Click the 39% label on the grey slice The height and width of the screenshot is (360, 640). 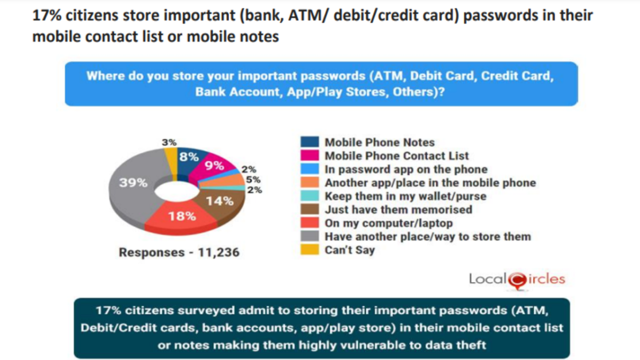133,182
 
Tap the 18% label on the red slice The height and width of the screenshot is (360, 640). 182,216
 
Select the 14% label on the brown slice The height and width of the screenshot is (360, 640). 220,201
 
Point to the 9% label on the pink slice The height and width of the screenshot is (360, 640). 214,165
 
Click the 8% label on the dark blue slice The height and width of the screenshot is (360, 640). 189,156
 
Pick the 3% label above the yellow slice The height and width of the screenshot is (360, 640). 169,142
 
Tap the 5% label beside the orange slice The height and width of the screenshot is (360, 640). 253,179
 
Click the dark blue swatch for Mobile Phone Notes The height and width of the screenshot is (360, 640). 310,142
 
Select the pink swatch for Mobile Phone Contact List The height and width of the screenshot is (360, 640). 310,155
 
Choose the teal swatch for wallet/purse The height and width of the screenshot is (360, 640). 310,195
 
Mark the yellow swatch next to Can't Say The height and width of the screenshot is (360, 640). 310,249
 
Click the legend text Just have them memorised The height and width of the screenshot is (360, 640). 399,210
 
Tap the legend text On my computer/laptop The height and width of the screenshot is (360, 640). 389,223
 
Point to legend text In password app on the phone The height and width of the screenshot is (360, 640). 406,169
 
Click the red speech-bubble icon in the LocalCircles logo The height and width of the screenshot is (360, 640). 518,281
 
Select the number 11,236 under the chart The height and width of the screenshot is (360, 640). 218,252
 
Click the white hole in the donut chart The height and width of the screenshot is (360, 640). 177,191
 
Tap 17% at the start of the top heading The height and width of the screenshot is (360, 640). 47,15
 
